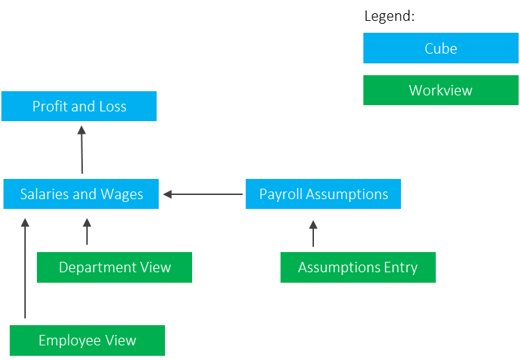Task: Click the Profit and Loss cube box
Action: (79, 107)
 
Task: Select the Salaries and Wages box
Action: (81, 194)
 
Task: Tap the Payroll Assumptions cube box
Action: (323, 194)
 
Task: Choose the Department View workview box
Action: (114, 267)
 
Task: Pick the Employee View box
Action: (87, 341)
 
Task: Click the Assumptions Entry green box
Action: (358, 267)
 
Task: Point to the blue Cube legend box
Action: (440, 49)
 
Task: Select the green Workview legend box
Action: (440, 91)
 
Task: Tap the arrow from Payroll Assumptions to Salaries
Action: (203, 194)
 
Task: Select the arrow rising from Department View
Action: (87, 232)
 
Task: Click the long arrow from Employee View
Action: (25, 268)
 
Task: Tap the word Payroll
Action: (280, 194)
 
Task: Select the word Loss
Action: (111, 107)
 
